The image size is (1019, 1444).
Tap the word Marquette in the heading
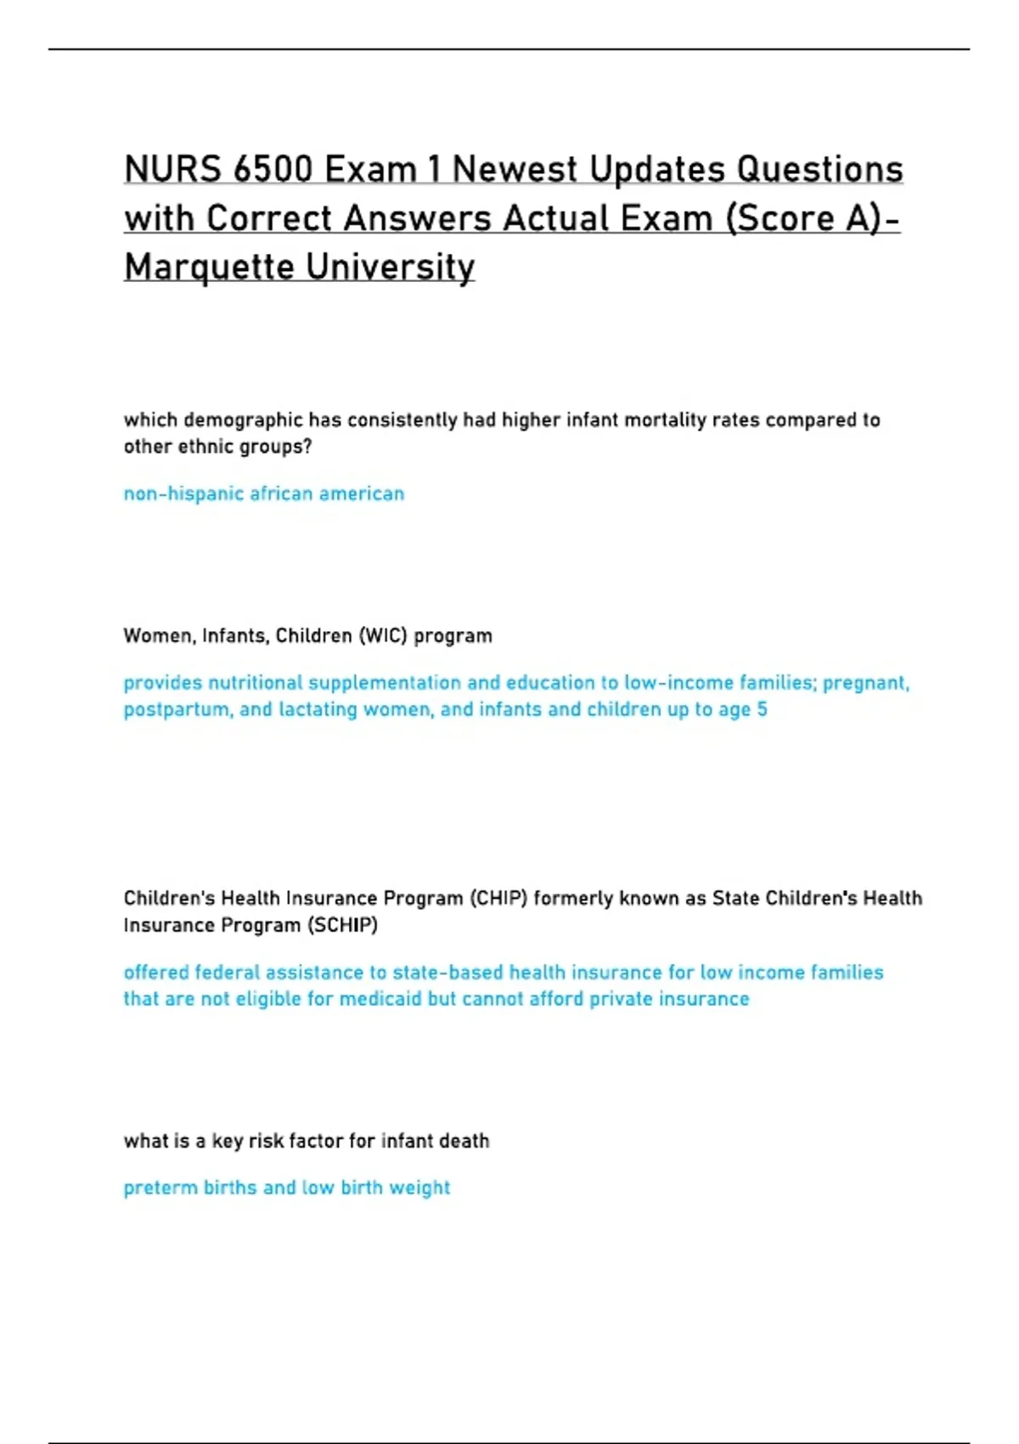(209, 267)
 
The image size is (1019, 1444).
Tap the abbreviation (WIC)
(383, 636)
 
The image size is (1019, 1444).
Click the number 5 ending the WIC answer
(762, 709)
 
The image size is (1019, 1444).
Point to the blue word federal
(226, 973)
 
